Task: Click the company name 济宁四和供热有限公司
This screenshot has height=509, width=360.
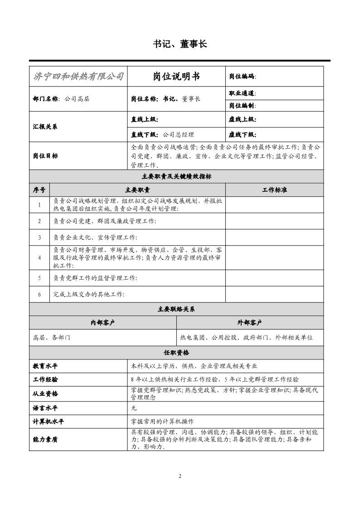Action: (x=78, y=76)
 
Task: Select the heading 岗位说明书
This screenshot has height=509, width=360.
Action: (x=176, y=76)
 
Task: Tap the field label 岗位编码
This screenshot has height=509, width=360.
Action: (x=242, y=77)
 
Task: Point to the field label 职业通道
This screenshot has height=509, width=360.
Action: (x=242, y=93)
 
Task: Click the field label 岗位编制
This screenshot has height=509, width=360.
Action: (x=242, y=106)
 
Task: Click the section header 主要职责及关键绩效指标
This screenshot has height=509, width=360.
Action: (x=176, y=176)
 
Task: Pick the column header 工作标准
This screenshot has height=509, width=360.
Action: (x=274, y=190)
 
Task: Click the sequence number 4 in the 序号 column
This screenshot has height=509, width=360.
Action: (x=39, y=257)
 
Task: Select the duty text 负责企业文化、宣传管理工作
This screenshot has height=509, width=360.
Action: (x=95, y=237)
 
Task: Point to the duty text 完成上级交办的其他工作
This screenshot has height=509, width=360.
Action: (x=89, y=294)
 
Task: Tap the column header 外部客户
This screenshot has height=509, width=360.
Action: (x=250, y=323)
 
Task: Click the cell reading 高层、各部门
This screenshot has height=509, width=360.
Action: (x=52, y=338)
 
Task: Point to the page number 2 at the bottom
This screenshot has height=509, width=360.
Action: (x=180, y=476)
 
